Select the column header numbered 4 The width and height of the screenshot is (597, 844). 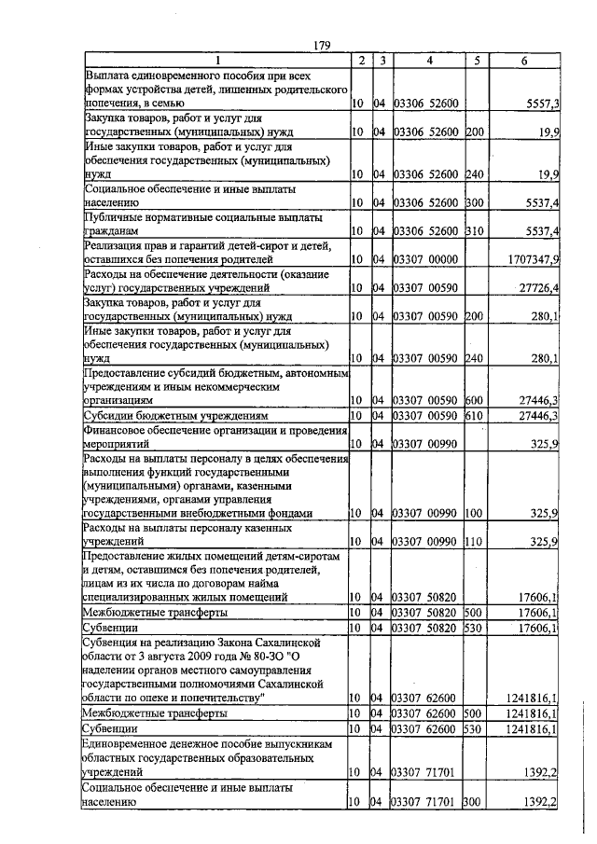click(428, 60)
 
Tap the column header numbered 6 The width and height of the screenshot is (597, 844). click(524, 60)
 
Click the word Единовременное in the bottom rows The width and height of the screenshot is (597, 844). click(134, 744)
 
